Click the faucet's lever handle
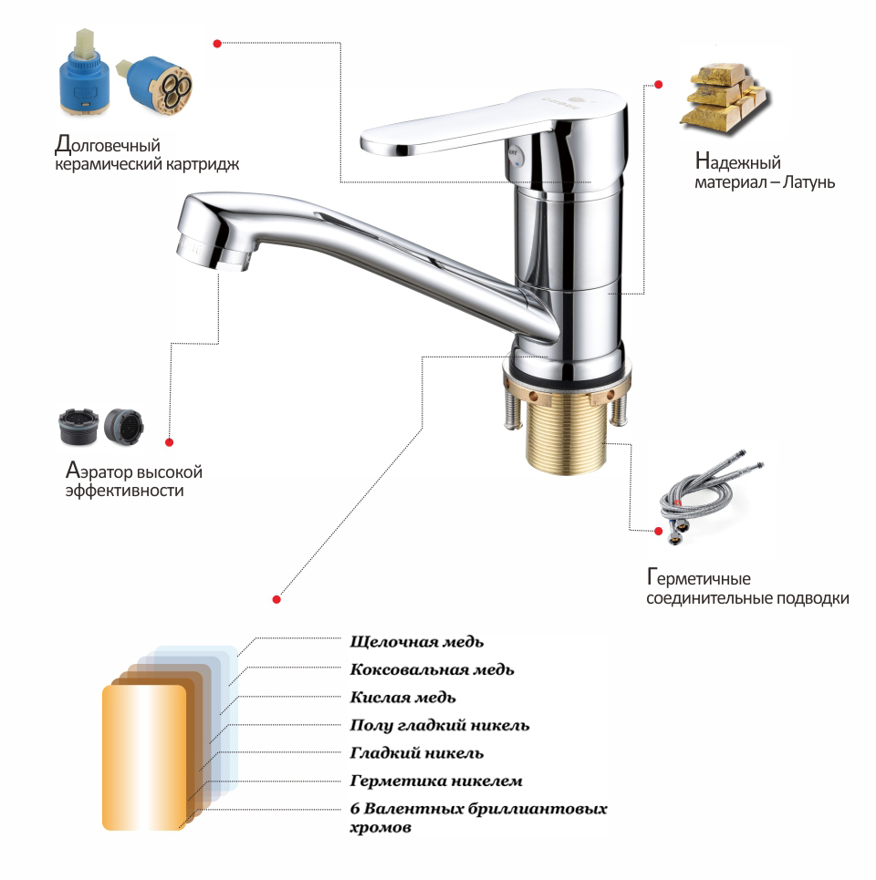449,129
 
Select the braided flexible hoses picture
710,497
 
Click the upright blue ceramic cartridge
84,72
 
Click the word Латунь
808,181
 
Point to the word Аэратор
100,471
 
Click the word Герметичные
699,577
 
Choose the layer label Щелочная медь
417,641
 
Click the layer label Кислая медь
402,697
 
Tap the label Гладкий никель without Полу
417,752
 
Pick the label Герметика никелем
436,781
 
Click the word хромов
381,828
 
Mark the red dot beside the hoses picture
659,531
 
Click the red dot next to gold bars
659,84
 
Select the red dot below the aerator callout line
169,442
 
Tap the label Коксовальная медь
432,669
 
